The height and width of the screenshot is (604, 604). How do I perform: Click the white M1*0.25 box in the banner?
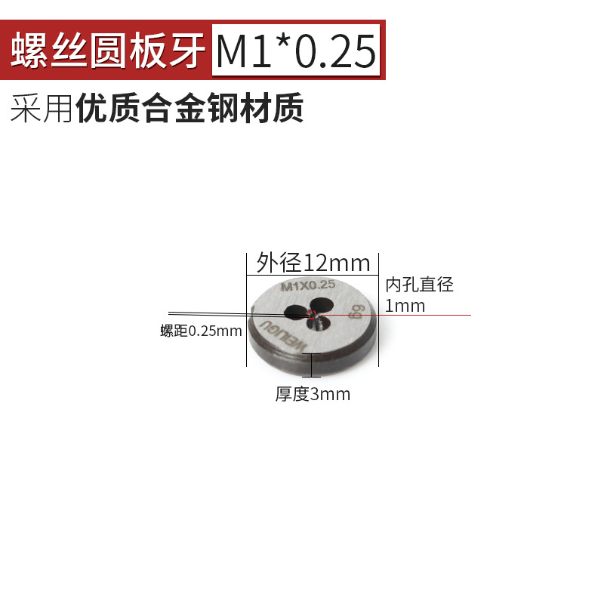[295, 51]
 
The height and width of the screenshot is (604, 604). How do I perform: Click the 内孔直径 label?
[419, 285]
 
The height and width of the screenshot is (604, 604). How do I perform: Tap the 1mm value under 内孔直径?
[405, 306]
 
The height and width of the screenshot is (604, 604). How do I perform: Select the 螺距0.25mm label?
[201, 331]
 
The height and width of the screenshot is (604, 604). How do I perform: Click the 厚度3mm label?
[313, 394]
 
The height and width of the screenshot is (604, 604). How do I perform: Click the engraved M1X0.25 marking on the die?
[307, 285]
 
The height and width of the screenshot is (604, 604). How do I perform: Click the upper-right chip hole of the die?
[322, 304]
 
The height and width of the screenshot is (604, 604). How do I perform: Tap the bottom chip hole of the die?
[318, 325]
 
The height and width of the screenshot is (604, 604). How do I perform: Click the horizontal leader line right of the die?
[423, 315]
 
